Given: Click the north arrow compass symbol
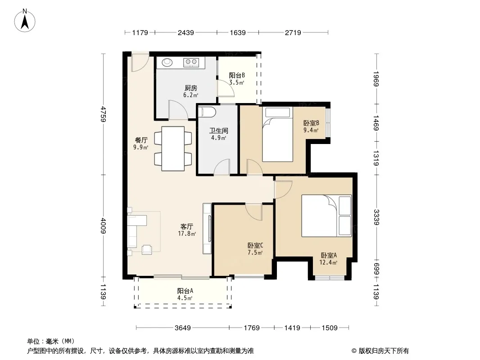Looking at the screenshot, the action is [25, 21].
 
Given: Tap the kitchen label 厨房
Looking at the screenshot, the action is [191, 88].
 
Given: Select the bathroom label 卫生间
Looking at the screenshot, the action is [218, 130].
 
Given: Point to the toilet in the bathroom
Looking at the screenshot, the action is [207, 112].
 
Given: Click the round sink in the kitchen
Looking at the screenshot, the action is [167, 63].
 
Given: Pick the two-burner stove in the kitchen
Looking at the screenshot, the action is [191, 63].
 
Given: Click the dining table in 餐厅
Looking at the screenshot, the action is [173, 148].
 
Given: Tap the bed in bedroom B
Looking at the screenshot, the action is [278, 134].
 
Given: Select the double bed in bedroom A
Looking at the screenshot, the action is [326, 216].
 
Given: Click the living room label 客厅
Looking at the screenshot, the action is [186, 227].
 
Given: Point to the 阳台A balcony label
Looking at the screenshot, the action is [185, 291].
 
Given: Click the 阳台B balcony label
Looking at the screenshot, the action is [237, 75].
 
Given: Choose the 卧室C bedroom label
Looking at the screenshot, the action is [255, 246].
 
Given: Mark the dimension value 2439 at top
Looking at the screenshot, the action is [186, 32].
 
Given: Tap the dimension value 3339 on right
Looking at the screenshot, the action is [376, 217].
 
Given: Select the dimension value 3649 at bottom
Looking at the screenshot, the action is [183, 328].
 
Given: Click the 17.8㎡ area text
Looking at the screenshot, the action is [187, 234].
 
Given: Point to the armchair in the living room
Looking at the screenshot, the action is [147, 250].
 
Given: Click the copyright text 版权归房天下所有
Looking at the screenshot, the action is [384, 351].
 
